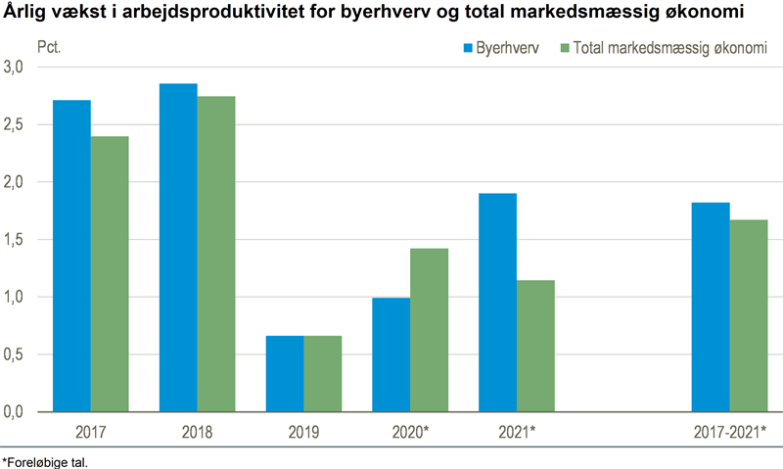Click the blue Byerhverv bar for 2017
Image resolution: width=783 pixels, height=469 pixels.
coord(71,256)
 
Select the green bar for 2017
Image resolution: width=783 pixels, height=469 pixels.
coord(110,274)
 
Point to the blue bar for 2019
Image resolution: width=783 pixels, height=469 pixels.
coord(285,373)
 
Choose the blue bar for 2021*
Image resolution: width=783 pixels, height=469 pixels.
coord(497,303)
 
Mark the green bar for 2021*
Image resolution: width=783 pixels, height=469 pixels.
coord(535,346)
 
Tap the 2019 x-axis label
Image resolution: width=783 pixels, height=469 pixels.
coord(303,432)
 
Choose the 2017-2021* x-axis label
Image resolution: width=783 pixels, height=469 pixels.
coord(729,432)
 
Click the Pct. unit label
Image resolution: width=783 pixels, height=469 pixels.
coord(50,46)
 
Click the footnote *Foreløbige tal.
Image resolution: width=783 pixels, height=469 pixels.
coord(45,461)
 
